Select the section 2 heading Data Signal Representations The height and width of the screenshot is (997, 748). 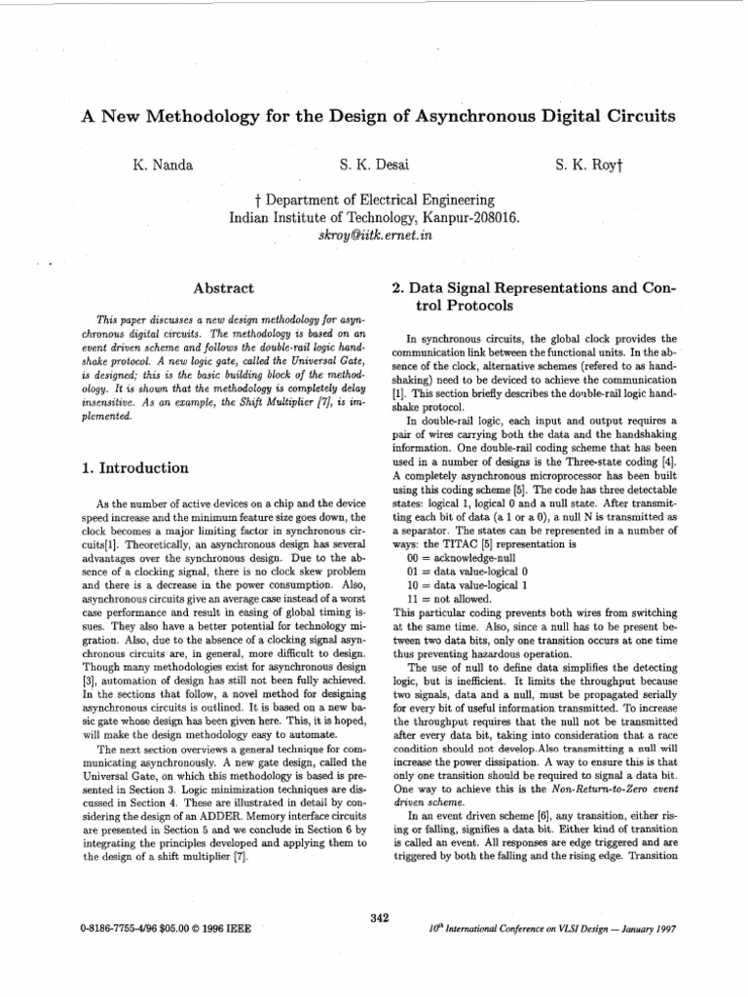[x=526, y=288]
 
